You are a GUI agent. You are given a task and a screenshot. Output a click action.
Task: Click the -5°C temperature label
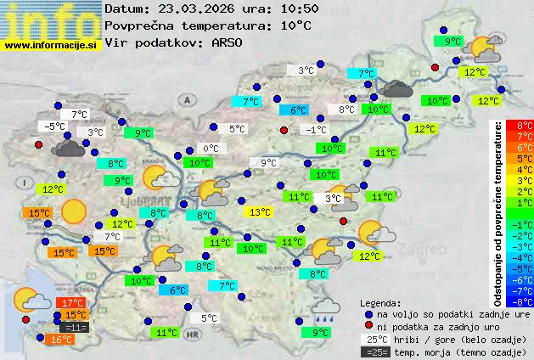pyautogui.click(x=55, y=126)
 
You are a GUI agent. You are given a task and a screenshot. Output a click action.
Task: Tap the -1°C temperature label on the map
pyautogui.click(x=316, y=129)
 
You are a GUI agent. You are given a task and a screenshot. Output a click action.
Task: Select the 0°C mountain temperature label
pyautogui.click(x=210, y=148)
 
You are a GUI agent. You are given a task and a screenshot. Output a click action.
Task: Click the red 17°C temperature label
pyautogui.click(x=71, y=302)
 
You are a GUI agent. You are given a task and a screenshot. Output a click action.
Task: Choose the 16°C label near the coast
pyautogui.click(x=60, y=339)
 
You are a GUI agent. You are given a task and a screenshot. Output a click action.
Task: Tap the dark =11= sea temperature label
pyautogui.click(x=74, y=327)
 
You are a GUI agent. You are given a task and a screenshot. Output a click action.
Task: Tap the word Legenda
pyautogui.click(x=380, y=302)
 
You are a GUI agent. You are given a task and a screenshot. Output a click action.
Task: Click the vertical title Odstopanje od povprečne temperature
pyautogui.click(x=497, y=213)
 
